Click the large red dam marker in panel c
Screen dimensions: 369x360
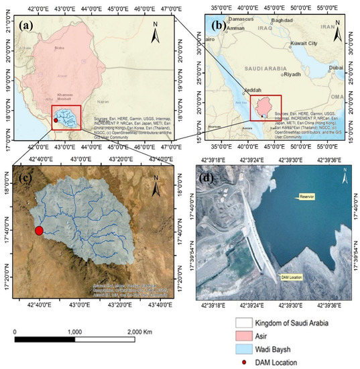coord(39,231)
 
